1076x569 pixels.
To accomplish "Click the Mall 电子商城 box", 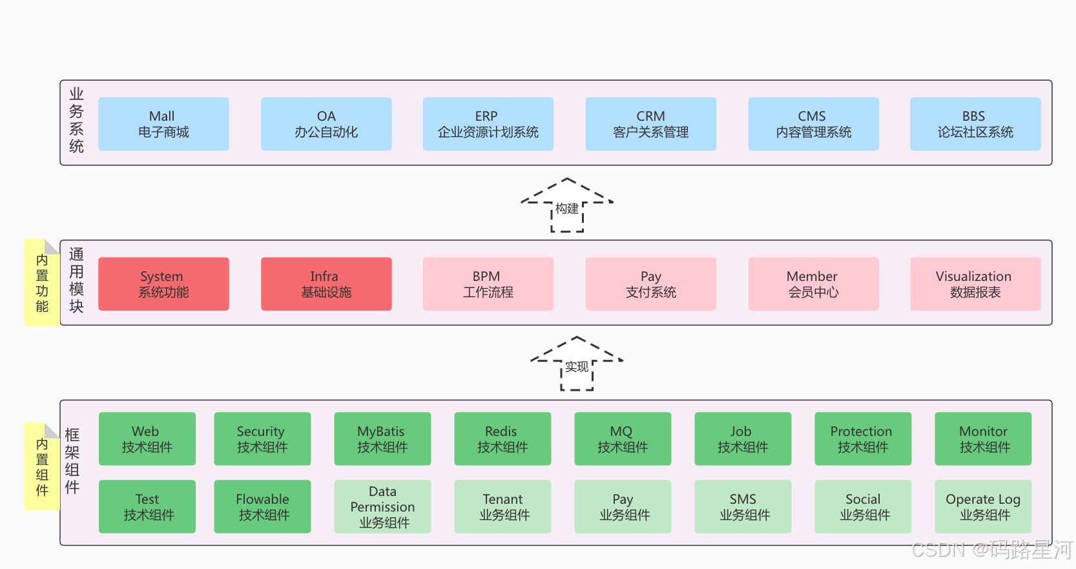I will [x=163, y=124].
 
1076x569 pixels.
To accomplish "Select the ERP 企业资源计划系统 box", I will [x=488, y=124].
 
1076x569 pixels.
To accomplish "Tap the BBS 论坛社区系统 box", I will [x=975, y=124].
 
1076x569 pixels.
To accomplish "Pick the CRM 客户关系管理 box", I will [x=650, y=124].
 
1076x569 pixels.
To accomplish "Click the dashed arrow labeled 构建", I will [x=567, y=206].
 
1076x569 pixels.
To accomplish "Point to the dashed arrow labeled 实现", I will [x=577, y=364].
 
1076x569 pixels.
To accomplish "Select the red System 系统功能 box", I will [x=163, y=284].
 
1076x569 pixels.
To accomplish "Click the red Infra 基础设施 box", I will [x=326, y=284].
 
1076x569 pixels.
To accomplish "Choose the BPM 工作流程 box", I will [x=488, y=284].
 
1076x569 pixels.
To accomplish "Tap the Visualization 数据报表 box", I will [x=975, y=284].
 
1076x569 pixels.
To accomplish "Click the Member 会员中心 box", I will [x=813, y=284].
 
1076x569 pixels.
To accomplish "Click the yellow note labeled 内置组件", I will [x=42, y=467].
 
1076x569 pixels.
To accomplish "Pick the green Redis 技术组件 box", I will [x=502, y=439].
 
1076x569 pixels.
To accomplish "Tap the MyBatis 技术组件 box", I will [x=382, y=439].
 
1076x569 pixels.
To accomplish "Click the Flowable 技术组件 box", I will [x=262, y=507].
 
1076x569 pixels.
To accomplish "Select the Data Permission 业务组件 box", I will [x=382, y=507].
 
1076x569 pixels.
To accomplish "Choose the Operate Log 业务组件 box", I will [x=983, y=507].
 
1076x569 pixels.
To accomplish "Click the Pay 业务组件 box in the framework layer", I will [x=623, y=507].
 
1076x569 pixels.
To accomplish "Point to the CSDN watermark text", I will [x=991, y=550].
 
